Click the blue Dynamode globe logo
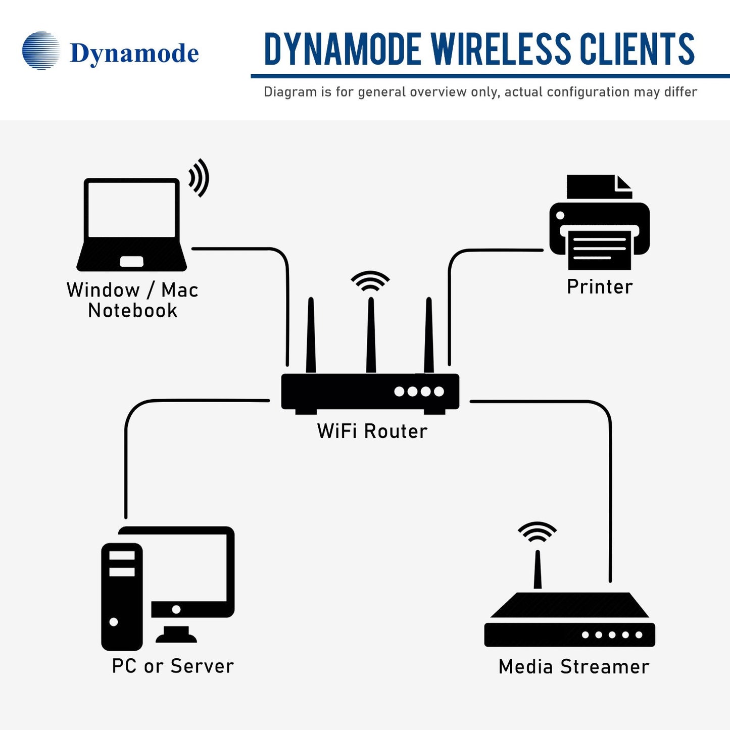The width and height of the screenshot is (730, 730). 41,51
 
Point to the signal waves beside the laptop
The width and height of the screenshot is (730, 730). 199,178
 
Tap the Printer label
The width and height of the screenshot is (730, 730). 600,287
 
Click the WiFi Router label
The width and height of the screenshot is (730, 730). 372,431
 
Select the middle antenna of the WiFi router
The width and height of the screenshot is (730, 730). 371,336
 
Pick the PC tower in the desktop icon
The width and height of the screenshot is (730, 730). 122,597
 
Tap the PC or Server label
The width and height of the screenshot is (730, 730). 173,666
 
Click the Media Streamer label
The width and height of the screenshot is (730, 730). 574,667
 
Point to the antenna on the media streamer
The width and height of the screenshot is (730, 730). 538,570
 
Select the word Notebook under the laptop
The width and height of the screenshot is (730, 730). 133,311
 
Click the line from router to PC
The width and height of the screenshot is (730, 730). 126,455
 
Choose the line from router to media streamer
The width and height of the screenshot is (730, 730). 610,480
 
